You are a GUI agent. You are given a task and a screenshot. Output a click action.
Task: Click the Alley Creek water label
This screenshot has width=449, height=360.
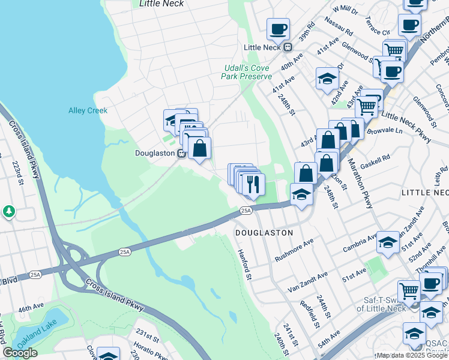[x=88, y=110]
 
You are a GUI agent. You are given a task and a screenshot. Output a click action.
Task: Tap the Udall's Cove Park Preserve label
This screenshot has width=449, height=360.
[x=247, y=72]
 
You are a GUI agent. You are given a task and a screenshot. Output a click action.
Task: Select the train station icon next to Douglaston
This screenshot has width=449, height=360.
[x=180, y=153]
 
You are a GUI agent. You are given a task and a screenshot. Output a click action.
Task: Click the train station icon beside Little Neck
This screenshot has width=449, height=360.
[x=288, y=47]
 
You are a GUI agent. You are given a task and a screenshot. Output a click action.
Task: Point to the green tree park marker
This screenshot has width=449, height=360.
[x=8, y=211]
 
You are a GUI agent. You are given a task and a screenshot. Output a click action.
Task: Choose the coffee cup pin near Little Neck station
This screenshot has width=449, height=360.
[x=279, y=28]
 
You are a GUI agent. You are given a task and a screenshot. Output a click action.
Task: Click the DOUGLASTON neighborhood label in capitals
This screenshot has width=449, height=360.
[x=264, y=232]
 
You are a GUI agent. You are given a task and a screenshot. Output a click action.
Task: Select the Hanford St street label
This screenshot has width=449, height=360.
[x=243, y=265]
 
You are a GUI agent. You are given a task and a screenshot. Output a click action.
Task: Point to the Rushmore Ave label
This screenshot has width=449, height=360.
[x=294, y=250]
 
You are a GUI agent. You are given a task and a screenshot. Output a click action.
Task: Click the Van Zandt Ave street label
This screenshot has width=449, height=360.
[x=307, y=282]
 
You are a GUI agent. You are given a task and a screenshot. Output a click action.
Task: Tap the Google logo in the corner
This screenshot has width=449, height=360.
[x=20, y=353]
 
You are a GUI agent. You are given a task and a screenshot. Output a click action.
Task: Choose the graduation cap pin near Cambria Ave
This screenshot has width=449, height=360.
[x=388, y=242]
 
